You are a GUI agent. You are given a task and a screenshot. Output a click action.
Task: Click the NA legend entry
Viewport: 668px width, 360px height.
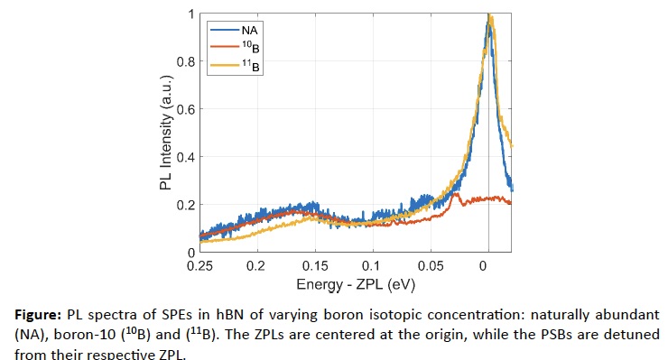click(234, 31)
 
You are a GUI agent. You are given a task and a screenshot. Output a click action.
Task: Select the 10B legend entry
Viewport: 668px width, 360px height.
click(235, 48)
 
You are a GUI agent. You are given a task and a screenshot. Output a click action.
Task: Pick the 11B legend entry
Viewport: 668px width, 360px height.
click(235, 65)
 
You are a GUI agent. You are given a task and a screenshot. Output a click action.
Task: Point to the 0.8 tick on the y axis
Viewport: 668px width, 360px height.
click(186, 61)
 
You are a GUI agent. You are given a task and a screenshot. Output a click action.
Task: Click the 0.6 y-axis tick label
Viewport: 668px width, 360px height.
click(186, 109)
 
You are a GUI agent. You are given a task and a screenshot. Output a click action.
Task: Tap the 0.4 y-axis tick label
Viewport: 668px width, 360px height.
click(186, 157)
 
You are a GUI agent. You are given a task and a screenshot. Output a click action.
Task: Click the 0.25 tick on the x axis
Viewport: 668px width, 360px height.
click(199, 266)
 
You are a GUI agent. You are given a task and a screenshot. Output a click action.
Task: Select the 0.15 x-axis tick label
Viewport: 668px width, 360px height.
click(315, 266)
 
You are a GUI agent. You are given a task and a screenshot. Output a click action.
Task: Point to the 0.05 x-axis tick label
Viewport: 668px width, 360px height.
click(431, 266)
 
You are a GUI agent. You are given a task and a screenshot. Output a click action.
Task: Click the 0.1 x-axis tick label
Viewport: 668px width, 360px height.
click(371, 266)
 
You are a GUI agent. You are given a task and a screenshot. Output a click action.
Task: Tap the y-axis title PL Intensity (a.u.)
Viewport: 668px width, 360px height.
click(166, 133)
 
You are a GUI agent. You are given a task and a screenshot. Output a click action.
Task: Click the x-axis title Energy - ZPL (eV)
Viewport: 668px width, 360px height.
click(356, 284)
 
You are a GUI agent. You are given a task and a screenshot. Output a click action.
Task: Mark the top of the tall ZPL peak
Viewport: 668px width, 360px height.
click(489, 15)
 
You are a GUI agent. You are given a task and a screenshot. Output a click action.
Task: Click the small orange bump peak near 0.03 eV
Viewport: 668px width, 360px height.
click(456, 194)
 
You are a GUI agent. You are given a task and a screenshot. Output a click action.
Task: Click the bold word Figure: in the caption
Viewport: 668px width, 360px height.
click(38, 315)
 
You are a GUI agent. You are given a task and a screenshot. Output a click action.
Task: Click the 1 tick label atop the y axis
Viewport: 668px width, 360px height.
click(191, 14)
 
